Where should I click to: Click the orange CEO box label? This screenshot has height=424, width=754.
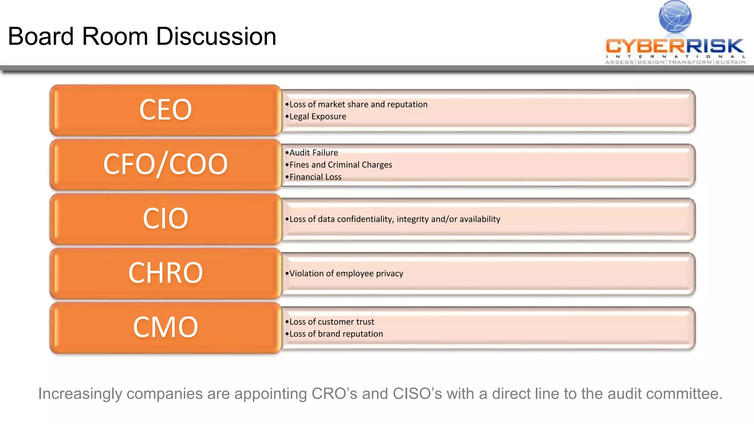coord(165,110)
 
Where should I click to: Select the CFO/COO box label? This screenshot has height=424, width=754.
coord(165,164)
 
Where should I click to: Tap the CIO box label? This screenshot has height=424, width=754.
coord(165,219)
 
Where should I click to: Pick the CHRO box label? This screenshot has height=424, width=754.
coord(165,273)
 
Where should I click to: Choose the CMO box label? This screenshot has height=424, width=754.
coord(165,327)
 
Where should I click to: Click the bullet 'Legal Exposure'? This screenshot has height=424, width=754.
coord(317,117)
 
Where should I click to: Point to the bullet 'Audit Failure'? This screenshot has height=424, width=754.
coord(313,153)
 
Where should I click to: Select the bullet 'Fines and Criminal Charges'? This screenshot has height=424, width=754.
coord(341,165)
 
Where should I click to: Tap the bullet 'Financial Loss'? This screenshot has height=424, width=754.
coord(315,177)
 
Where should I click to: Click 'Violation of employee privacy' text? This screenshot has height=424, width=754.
coord(346,273)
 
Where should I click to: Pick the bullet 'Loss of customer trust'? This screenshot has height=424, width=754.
coord(331,322)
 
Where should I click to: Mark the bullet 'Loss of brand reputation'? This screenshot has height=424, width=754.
coord(336,334)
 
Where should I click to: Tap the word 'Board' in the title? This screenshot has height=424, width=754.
coord(41,37)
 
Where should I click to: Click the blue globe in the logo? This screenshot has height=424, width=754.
coord(675,17)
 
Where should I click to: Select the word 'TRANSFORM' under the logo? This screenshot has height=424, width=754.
coord(690,62)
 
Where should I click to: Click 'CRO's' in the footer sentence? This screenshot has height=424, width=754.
coord(334,394)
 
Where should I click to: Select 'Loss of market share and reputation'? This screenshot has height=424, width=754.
coord(358,105)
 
